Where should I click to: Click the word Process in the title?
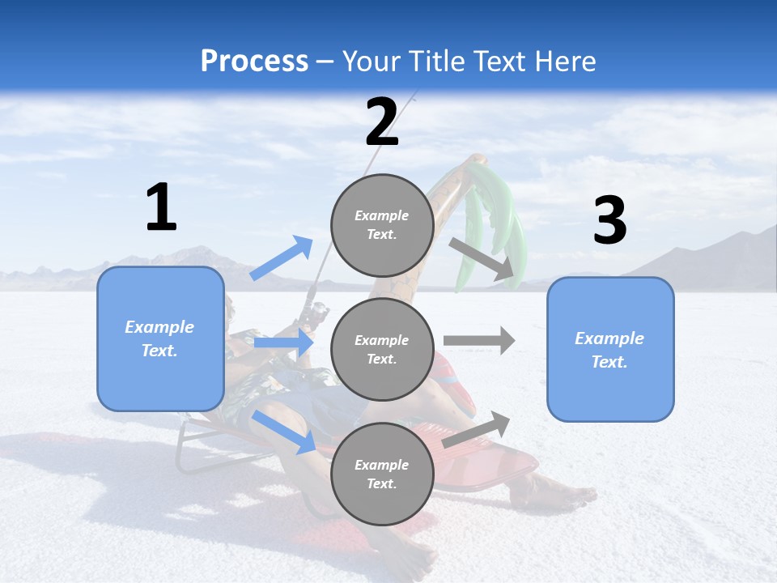(x=254, y=62)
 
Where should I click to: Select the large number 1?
(x=161, y=208)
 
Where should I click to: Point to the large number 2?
(x=382, y=121)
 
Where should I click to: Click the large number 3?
(x=609, y=221)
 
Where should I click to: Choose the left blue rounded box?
(x=160, y=338)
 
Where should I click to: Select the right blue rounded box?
(x=610, y=349)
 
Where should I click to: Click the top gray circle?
(x=382, y=225)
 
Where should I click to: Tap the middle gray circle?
(x=382, y=349)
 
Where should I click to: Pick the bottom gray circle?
(x=382, y=474)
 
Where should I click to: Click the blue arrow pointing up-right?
(x=282, y=257)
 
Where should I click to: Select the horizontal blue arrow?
(x=283, y=343)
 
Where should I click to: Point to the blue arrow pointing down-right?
(x=284, y=432)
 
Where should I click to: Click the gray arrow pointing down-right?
(x=482, y=260)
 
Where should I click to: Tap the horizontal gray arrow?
(x=479, y=340)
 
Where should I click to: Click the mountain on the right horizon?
(x=712, y=259)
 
